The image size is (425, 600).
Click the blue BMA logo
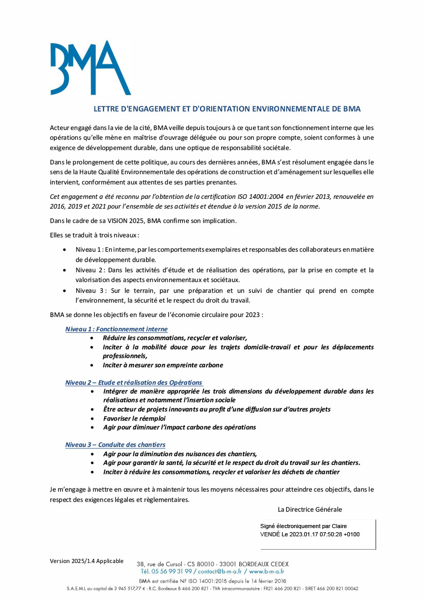click(90, 68)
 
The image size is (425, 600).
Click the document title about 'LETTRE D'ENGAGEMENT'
click(227, 109)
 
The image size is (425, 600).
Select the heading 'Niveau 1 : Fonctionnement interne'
click(116, 329)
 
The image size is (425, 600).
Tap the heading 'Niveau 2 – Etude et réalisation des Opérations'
click(134, 383)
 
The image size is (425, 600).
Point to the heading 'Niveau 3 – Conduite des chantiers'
click(115, 444)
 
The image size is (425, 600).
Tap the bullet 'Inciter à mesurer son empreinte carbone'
click(163, 365)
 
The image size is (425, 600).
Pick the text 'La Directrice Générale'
click(310, 510)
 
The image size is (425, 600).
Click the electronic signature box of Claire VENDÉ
click(317, 534)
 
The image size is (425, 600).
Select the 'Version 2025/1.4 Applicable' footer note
click(86, 560)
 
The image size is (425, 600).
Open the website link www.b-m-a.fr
click(267, 571)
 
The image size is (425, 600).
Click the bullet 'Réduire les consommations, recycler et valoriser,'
click(175, 338)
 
